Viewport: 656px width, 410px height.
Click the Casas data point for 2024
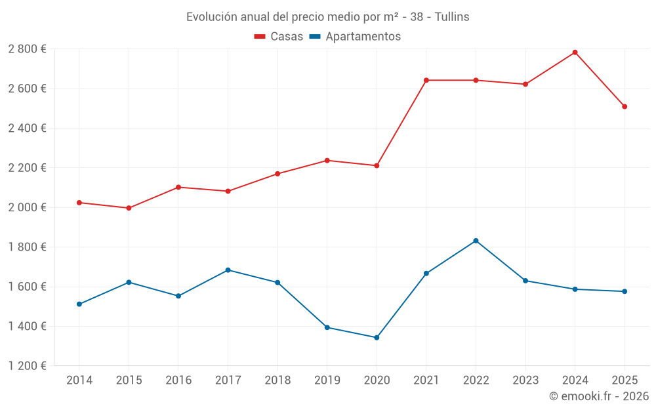(x=575, y=52)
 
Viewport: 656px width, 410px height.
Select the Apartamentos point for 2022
(x=476, y=241)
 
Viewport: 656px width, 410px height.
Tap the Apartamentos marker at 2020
(x=377, y=338)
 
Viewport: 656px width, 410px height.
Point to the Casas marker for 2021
(x=426, y=80)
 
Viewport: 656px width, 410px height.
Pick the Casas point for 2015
(x=129, y=208)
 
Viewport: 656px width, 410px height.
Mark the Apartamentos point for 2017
(x=228, y=270)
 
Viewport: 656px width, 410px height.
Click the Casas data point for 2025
(x=625, y=106)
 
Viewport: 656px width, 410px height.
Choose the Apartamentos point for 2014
(x=79, y=304)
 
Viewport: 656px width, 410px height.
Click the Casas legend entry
(x=279, y=37)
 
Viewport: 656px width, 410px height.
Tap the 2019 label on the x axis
(x=327, y=380)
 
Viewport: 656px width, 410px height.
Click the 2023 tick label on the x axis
(x=525, y=380)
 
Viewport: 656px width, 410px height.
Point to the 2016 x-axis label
(x=178, y=380)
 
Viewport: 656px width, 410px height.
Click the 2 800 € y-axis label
(x=27, y=49)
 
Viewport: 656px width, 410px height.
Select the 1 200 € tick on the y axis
(x=27, y=366)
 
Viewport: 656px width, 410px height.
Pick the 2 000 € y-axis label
(x=27, y=207)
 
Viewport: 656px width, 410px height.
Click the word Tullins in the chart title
(x=452, y=17)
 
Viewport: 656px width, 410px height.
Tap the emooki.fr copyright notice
(x=598, y=396)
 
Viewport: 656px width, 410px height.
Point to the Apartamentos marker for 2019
(x=327, y=327)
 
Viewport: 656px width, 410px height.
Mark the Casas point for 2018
(x=277, y=174)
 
